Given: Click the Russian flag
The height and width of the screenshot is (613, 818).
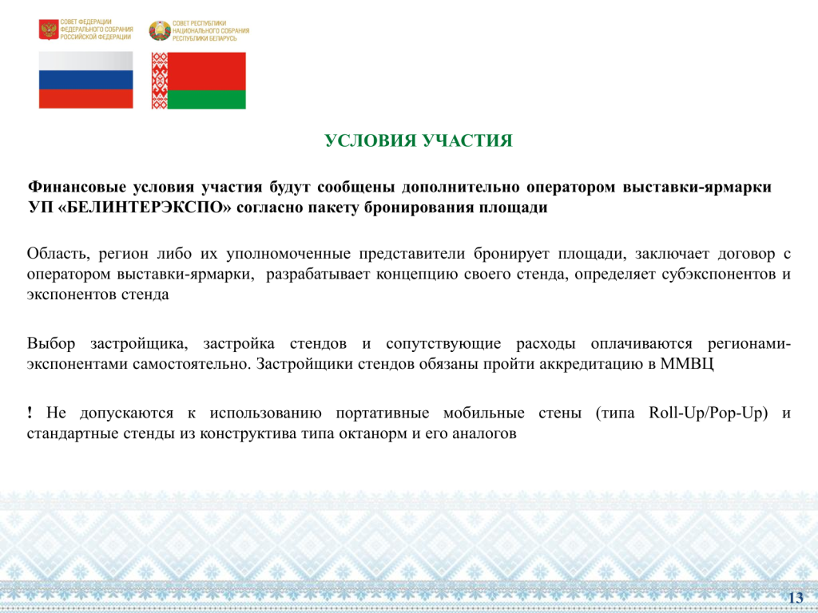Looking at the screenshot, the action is coord(86,80).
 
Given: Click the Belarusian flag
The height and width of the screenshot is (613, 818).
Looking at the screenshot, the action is coord(199,81).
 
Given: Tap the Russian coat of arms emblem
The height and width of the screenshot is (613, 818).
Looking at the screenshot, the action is coord(49,30).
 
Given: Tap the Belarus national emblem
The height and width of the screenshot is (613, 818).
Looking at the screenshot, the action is coord(160,31).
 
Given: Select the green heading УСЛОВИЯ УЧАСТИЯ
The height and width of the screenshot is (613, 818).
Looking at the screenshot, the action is coord(419,140).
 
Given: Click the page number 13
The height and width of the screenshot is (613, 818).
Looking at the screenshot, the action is coord(796,598).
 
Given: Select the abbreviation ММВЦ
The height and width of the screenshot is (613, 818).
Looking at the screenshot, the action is coord(687,363).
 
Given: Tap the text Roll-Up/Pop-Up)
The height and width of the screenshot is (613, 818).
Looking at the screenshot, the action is coord(709,413).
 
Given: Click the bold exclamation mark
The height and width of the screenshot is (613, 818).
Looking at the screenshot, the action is coord(30,413).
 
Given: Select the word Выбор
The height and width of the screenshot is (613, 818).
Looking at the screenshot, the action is coord(51,344).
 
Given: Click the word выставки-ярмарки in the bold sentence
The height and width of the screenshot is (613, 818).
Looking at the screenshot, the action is coord(697,187).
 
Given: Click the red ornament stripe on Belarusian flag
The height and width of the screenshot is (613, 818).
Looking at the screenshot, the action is coord(159,81).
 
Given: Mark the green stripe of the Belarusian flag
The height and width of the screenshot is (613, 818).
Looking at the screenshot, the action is coord(207,100).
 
